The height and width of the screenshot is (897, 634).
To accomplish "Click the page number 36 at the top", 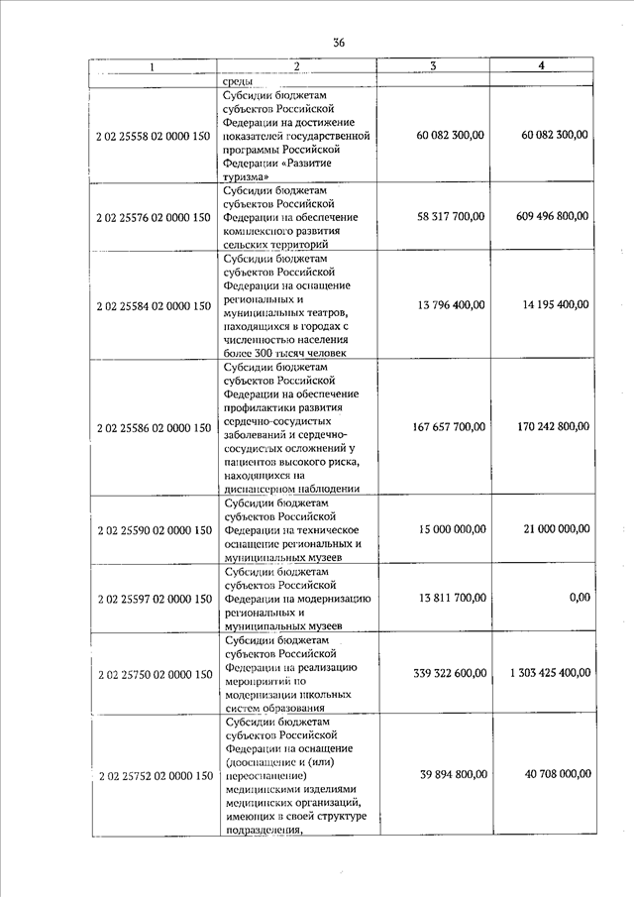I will (339, 42).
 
